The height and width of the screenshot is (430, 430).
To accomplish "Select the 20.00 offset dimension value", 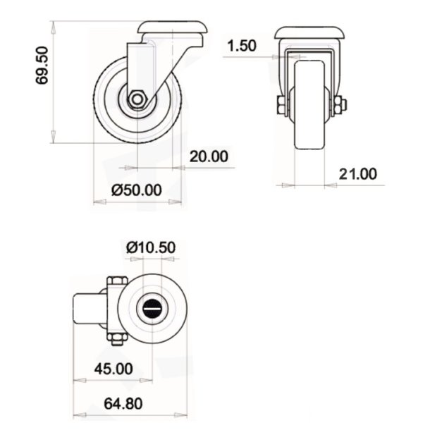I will coord(208,156).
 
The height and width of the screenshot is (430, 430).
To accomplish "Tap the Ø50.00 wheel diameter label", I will coord(137,190).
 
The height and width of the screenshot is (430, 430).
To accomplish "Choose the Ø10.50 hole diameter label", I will coord(151,247).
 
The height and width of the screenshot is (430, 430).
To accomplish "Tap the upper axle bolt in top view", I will coord(116,283).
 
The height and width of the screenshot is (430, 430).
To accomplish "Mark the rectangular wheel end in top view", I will coord(89,310).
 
